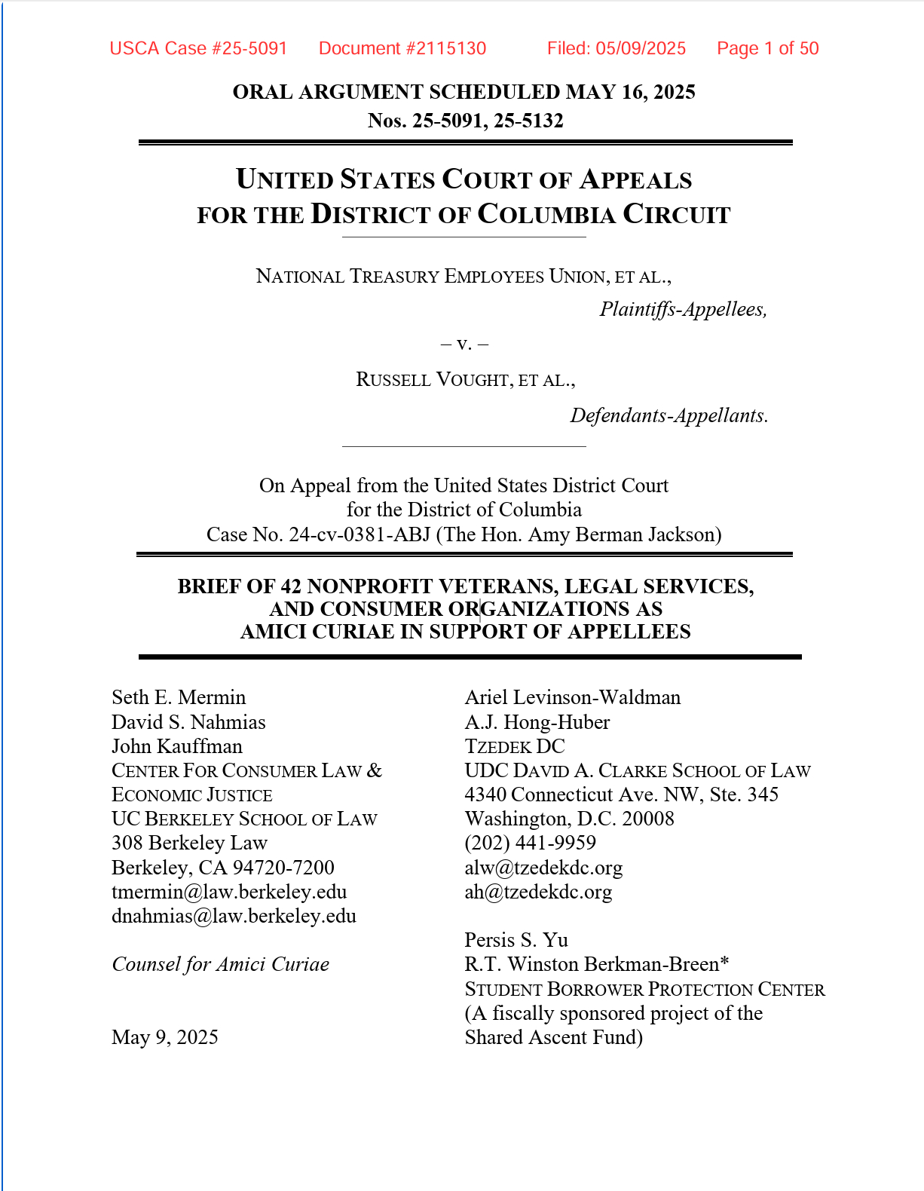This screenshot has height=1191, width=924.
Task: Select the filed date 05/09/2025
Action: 641,49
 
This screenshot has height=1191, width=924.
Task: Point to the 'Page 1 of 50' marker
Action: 767,49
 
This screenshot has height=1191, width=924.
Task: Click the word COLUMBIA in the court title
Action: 546,214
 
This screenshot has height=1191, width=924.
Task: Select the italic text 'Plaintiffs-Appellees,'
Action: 683,309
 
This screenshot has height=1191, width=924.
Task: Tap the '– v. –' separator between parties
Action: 464,344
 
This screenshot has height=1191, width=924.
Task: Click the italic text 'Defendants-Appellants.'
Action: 669,415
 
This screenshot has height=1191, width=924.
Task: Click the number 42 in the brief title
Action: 291,586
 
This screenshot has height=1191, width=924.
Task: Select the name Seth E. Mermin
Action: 179,697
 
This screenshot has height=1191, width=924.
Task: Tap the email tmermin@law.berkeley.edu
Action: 229,892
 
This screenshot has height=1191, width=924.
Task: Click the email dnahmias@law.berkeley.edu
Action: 234,916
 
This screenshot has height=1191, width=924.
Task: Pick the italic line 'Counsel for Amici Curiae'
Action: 220,964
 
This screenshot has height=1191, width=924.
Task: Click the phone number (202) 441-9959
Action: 530,843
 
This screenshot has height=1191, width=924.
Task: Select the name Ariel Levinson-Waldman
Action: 572,697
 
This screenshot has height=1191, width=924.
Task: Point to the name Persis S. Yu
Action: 516,940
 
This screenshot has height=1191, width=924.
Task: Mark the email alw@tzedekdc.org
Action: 543,868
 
